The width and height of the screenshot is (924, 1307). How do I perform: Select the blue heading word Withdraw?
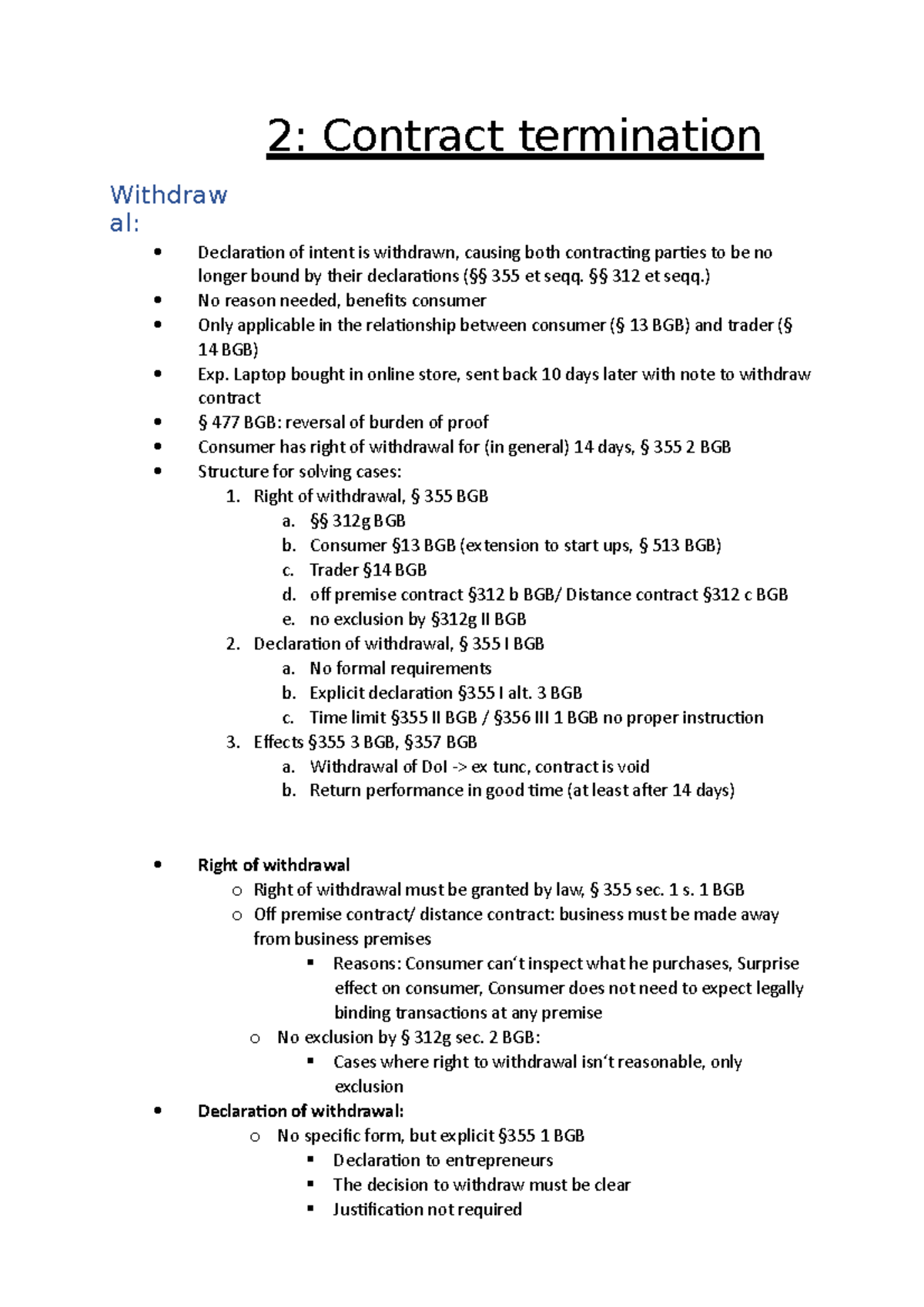(169, 195)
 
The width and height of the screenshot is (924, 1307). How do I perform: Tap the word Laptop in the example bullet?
(259, 374)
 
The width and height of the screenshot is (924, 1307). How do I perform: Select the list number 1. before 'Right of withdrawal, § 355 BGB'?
(233, 496)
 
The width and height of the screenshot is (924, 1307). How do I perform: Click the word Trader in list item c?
(333, 570)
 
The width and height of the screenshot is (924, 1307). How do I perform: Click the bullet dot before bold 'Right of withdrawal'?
(158, 865)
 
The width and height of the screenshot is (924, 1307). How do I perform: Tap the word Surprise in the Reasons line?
(768, 964)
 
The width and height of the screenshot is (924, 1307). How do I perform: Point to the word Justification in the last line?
(378, 1210)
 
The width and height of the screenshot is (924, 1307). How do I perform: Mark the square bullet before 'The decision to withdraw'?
(311, 1185)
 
